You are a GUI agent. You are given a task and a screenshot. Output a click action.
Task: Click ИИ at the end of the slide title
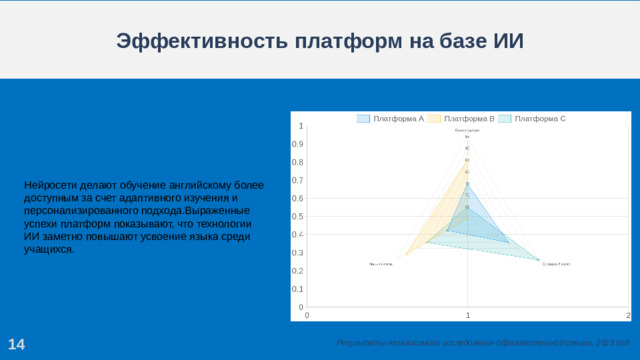(509, 41)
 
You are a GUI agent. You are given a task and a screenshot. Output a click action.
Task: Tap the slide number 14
(16, 345)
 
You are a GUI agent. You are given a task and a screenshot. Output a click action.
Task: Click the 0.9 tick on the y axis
(298, 144)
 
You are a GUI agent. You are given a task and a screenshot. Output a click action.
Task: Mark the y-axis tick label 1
(302, 126)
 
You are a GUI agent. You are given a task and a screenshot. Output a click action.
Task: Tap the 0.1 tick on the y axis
(298, 289)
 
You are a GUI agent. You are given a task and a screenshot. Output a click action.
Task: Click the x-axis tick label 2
(628, 316)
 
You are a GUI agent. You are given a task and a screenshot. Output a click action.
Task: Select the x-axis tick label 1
(468, 316)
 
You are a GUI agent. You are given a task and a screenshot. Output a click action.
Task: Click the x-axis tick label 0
(307, 316)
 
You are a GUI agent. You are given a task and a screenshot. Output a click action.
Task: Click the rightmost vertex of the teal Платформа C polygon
(540, 261)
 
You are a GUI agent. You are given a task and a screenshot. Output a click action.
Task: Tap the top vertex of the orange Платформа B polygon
(468, 160)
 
